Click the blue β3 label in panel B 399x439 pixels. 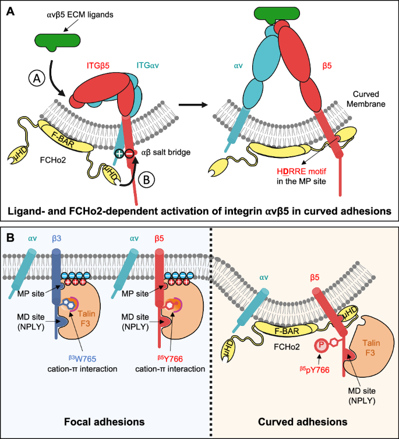pos(55,239)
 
